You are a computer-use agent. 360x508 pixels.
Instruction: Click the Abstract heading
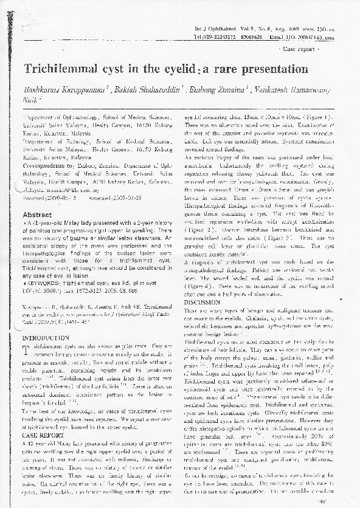[37, 215]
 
